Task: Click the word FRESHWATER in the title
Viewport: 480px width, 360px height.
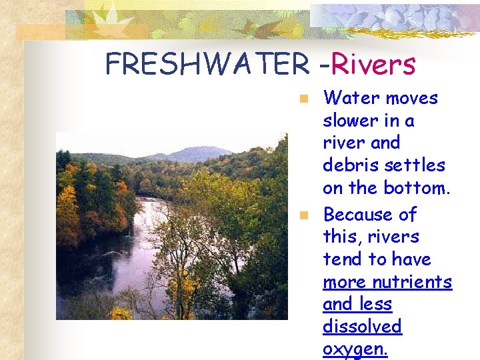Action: click(x=207, y=65)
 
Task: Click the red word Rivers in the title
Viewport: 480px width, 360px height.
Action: click(x=373, y=65)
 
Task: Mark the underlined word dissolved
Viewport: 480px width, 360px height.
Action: click(x=363, y=327)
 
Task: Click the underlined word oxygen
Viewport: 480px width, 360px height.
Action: click(x=355, y=349)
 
